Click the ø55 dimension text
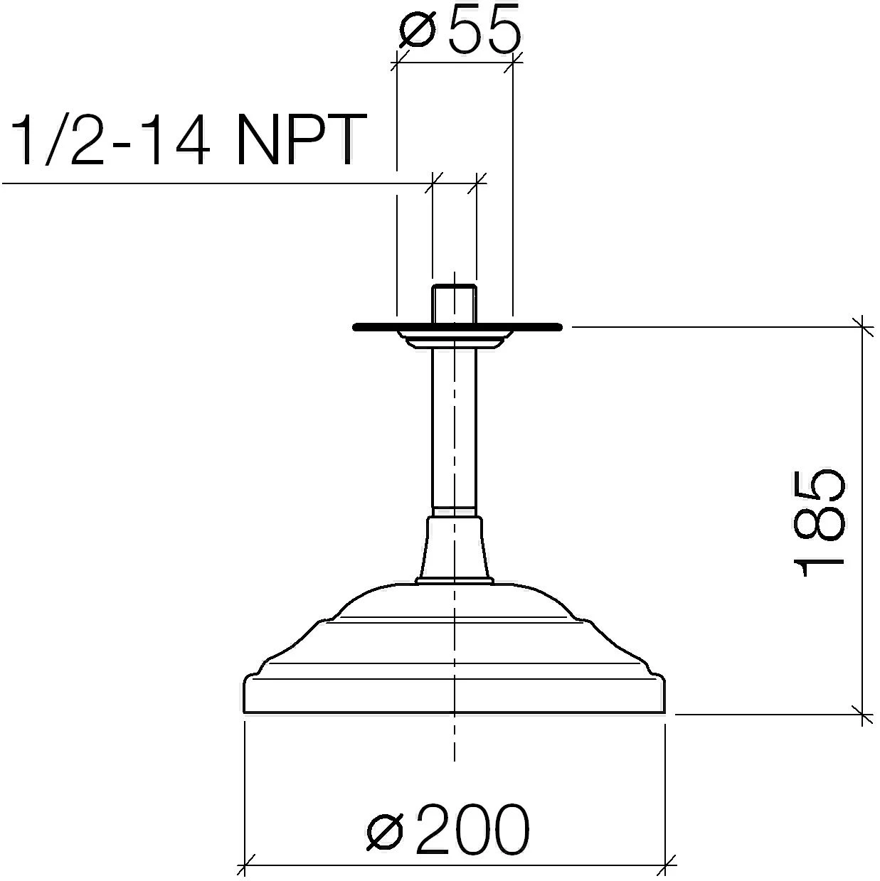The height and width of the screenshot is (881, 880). tap(460, 28)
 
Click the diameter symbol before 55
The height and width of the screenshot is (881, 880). tap(416, 30)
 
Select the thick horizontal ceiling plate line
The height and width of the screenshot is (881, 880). tap(457, 326)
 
